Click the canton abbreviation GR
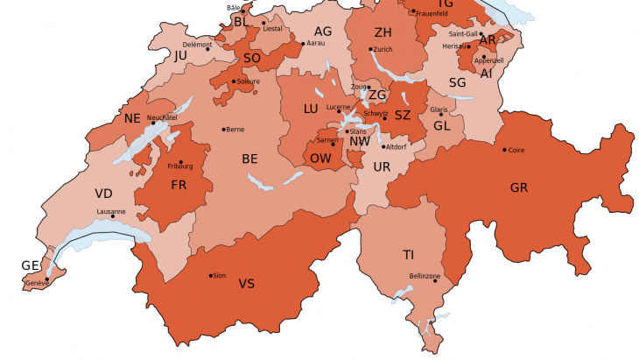click(519, 187)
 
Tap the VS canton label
click(247, 284)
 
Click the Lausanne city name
click(111, 211)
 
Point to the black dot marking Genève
click(47, 279)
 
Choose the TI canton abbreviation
click(408, 255)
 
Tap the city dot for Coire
click(504, 150)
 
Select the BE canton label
click(250, 159)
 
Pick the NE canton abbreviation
click(132, 118)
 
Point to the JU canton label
click(181, 55)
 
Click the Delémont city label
click(197, 44)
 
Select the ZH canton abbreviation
click(383, 32)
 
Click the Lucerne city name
click(338, 106)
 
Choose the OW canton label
click(320, 159)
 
